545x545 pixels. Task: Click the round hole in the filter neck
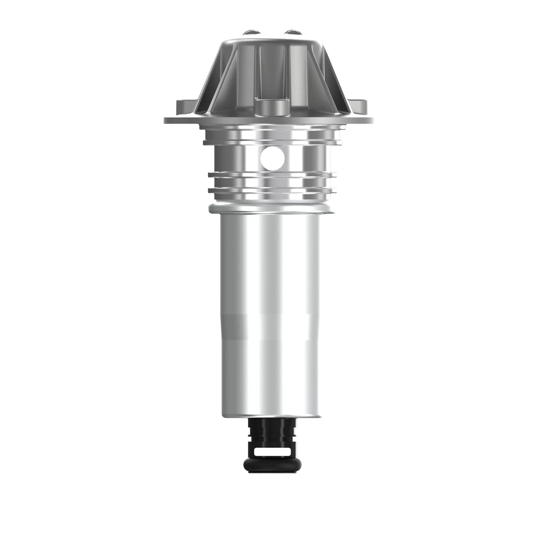(x=272, y=159)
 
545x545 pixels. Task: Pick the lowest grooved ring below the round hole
(x=272, y=191)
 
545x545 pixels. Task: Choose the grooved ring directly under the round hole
(x=272, y=175)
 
